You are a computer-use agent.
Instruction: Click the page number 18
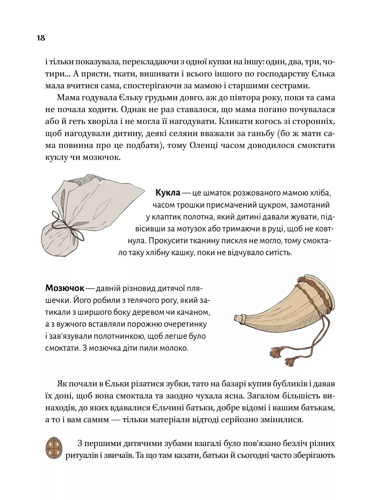pos(41,38)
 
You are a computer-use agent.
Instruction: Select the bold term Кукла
pos(168,193)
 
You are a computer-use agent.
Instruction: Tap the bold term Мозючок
pos(65,288)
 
